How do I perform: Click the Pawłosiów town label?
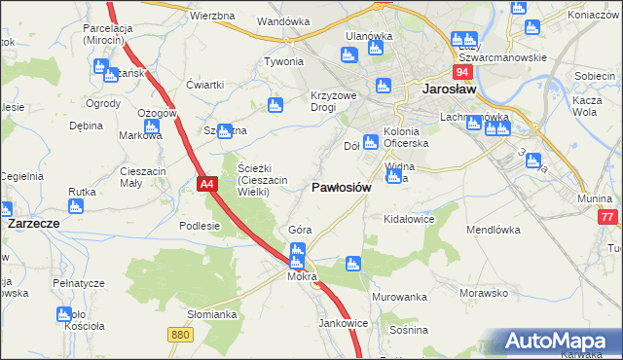coord(341,189)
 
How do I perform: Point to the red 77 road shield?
coord(607,218)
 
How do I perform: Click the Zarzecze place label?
coord(34,223)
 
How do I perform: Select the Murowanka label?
coord(400,297)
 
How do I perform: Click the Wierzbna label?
coord(213,17)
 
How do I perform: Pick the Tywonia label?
coord(284,61)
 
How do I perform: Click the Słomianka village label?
coord(212,314)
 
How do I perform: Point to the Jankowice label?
coord(342,323)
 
